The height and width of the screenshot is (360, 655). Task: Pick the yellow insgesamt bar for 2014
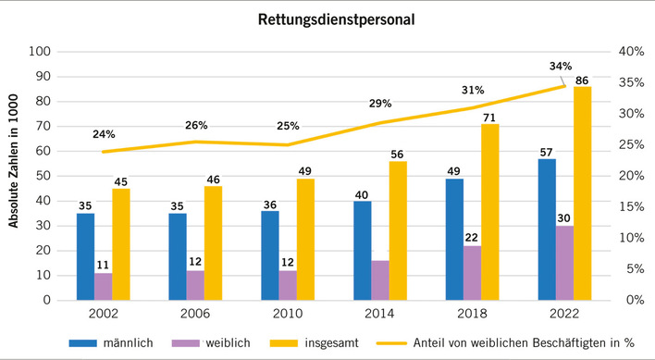(x=398, y=230)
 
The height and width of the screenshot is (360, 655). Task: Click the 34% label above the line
(x=562, y=66)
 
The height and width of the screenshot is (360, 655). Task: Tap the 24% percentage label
(x=105, y=134)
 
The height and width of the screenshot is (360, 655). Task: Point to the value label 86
(x=582, y=80)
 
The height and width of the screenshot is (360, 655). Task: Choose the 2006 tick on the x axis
(x=196, y=315)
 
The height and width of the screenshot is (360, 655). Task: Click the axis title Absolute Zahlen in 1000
(x=13, y=176)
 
